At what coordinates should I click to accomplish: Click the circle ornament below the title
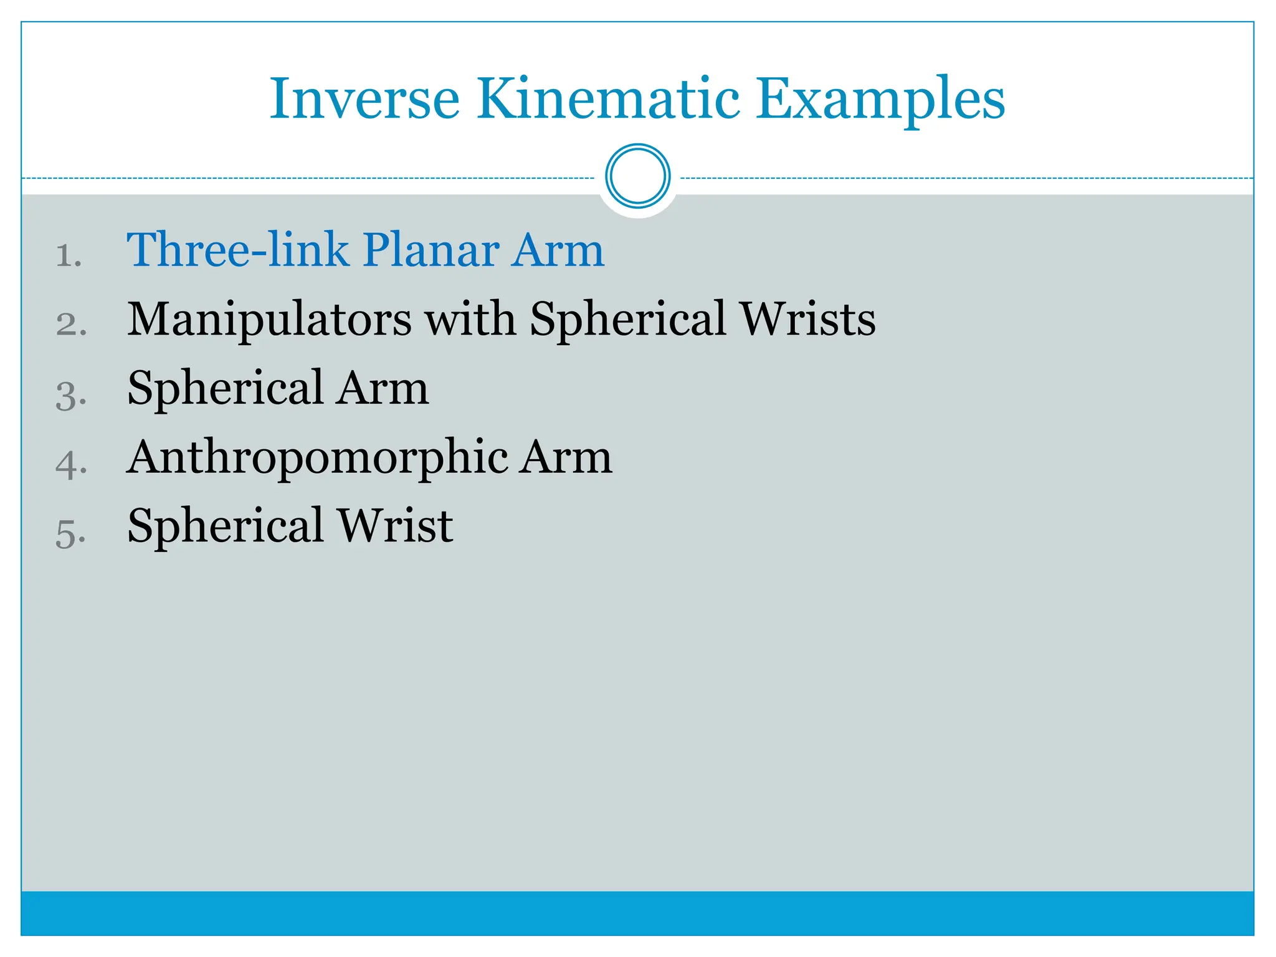pyautogui.click(x=637, y=176)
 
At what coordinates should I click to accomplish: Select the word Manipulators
pyautogui.click(x=269, y=320)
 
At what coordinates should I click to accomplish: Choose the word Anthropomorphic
pyautogui.click(x=317, y=458)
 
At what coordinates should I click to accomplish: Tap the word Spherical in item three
pyautogui.click(x=225, y=389)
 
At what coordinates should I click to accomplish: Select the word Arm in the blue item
pyautogui.click(x=558, y=250)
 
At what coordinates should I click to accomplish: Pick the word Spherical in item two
pyautogui.click(x=628, y=320)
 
